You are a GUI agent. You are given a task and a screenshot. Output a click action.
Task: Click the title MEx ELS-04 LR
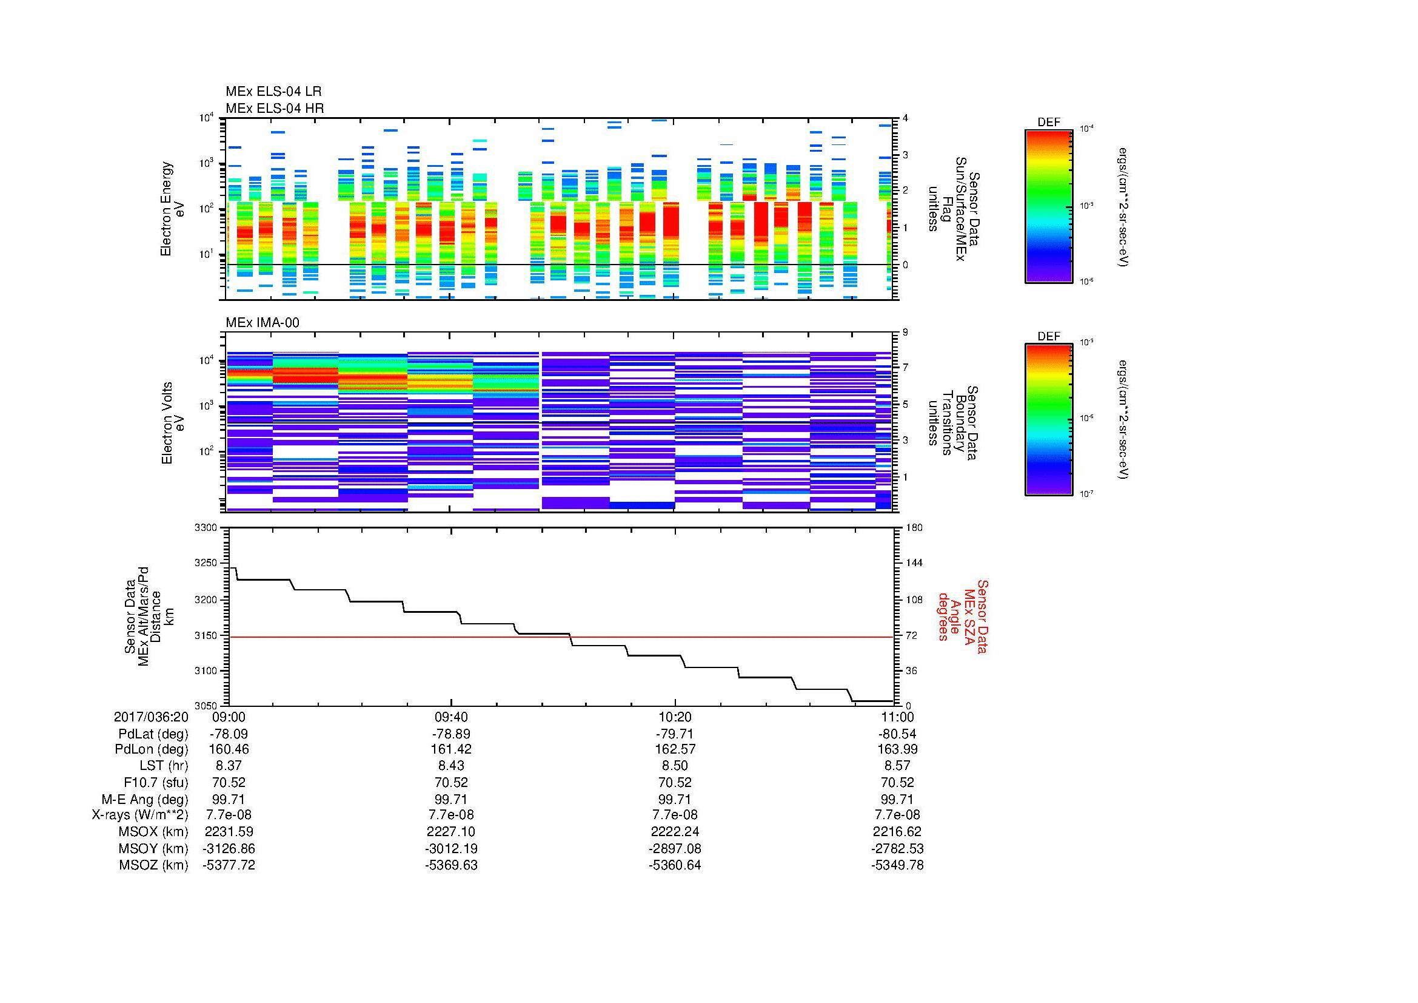tap(273, 92)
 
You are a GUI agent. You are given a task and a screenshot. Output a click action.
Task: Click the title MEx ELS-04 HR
tap(274, 108)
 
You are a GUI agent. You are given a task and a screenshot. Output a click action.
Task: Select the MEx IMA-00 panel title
tap(262, 323)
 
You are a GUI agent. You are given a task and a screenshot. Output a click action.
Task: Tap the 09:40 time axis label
tap(452, 717)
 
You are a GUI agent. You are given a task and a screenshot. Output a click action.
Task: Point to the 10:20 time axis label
tap(675, 717)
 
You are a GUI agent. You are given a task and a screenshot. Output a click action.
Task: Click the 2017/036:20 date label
tap(151, 717)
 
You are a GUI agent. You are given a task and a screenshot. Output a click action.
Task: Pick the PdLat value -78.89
tap(452, 734)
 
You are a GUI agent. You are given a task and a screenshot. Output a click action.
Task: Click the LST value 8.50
tap(675, 766)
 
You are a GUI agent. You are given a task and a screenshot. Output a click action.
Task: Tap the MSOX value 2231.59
tap(229, 831)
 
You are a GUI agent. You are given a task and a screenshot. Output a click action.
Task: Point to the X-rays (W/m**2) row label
tap(139, 815)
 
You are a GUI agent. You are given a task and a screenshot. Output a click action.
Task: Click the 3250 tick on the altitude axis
tap(206, 563)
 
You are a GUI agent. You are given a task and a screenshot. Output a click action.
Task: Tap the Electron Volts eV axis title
tap(173, 423)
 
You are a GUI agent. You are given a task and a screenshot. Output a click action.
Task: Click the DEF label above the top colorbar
tap(1049, 123)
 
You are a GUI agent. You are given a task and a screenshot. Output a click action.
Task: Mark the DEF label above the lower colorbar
tap(1049, 337)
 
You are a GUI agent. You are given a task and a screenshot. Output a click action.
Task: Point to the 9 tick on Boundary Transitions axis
tap(905, 333)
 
